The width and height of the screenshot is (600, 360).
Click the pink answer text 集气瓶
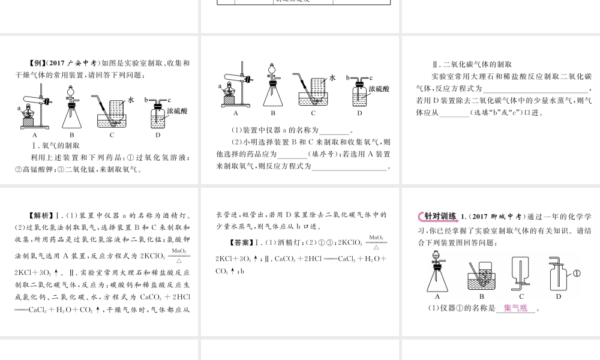click(515, 309)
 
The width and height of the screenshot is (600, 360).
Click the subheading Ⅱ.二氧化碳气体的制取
click(471, 65)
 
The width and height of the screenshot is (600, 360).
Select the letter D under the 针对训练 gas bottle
click(558, 296)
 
